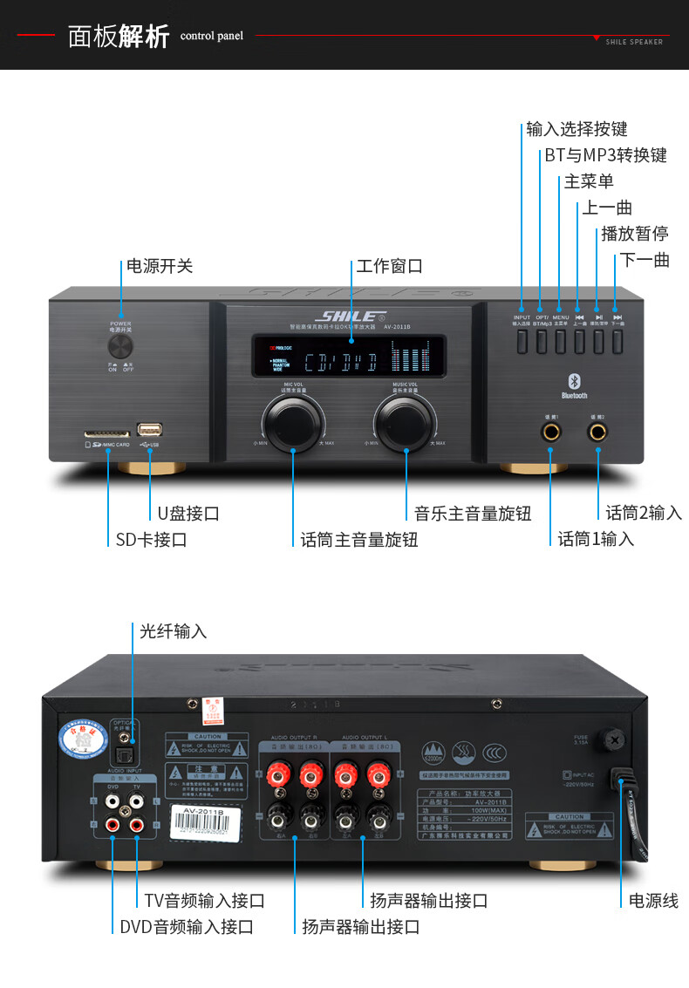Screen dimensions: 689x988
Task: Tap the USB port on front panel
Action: (149, 430)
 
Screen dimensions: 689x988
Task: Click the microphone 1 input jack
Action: (551, 431)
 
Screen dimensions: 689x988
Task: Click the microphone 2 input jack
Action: (598, 431)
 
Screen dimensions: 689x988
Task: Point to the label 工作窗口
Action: (389, 266)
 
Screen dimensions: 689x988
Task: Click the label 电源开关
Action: (160, 266)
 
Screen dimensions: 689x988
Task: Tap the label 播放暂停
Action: (635, 234)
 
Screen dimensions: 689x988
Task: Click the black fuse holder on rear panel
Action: (616, 740)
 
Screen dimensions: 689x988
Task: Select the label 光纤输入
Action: (174, 631)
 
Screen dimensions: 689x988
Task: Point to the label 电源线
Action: (653, 901)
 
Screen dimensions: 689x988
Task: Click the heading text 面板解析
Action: (119, 37)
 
